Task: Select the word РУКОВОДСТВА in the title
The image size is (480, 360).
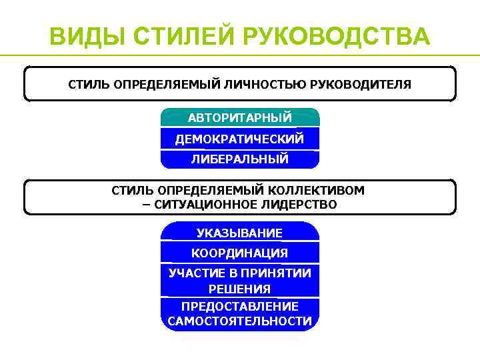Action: pyautogui.click(x=341, y=37)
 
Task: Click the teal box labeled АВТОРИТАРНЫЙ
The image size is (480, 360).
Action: pyautogui.click(x=240, y=117)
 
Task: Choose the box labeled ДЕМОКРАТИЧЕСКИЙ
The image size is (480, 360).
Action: pyautogui.click(x=240, y=139)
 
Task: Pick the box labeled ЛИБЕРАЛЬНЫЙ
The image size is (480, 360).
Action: pyautogui.click(x=240, y=159)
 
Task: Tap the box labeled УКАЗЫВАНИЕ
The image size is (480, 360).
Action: pyautogui.click(x=240, y=233)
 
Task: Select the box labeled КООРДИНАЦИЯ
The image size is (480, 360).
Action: pyautogui.click(x=240, y=253)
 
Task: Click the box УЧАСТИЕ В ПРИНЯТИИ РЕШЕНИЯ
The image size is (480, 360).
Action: pyautogui.click(x=240, y=281)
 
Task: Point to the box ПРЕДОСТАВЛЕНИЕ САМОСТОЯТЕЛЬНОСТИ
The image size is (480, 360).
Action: pyautogui.click(x=240, y=313)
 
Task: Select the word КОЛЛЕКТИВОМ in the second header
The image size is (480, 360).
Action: pyautogui.click(x=317, y=190)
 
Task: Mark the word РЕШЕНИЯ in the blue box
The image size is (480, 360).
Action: pyautogui.click(x=240, y=289)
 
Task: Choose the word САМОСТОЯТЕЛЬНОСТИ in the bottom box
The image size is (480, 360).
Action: pyautogui.click(x=240, y=321)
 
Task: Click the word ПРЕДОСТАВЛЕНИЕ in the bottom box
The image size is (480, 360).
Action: pyautogui.click(x=240, y=306)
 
